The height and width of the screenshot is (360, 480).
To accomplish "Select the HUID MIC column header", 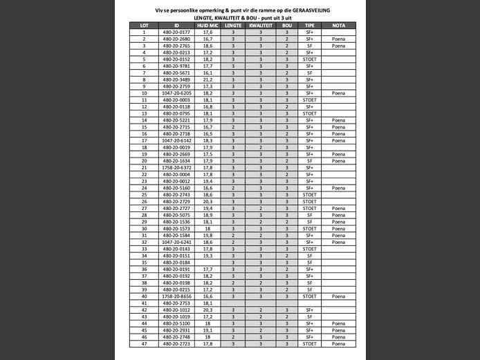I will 207,26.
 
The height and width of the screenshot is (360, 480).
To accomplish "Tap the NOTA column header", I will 338,26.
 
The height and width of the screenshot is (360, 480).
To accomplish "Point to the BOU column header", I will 287,26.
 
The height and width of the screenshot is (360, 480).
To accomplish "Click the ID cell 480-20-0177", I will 176,32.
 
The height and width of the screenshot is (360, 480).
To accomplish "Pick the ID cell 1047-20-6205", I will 176,93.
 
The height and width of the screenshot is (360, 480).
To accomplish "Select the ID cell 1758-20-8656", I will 176,296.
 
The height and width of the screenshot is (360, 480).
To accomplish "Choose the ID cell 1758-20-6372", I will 176,167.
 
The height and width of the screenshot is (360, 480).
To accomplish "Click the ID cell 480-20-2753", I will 176,303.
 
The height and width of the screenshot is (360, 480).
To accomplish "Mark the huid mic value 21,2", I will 207,79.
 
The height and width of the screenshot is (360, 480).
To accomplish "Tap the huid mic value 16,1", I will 207,73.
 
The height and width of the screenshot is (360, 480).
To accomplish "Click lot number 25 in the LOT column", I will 144,194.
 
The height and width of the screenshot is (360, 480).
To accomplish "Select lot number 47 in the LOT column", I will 144,343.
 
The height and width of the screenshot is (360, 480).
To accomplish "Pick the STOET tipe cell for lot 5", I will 310,59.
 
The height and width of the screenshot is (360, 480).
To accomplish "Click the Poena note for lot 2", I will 338,39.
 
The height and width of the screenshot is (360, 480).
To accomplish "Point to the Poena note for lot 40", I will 338,296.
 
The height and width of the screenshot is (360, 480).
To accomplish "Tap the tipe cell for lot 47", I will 310,343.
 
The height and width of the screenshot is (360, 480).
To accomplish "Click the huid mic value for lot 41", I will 207,303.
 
